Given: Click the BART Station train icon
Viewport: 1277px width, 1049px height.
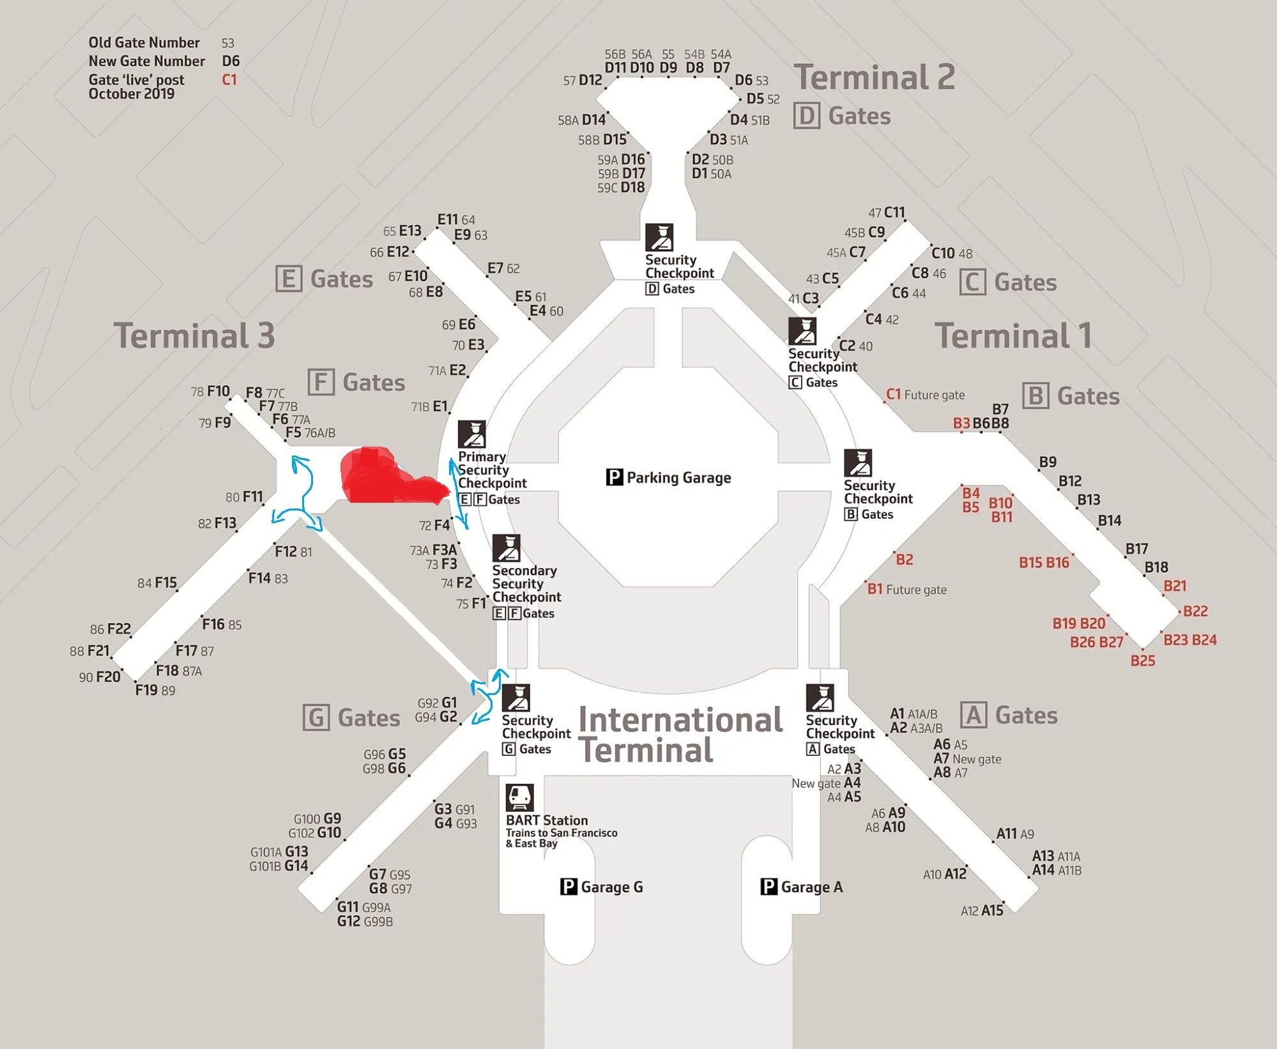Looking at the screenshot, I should point(519,797).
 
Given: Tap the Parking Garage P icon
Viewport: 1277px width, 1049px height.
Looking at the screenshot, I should point(614,477).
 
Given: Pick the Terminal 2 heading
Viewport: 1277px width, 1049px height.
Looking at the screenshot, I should point(874,77).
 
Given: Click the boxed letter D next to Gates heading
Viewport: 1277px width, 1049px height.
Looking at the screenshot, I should point(806,116).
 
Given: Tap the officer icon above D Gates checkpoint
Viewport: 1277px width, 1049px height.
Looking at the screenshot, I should point(659,237).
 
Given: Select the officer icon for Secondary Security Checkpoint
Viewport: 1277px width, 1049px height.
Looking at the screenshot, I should point(506,548).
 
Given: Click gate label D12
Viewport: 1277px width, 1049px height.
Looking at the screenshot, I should point(590,80).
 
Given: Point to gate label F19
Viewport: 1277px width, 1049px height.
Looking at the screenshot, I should point(146,689).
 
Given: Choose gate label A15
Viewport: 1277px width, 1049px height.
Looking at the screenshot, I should point(992,910).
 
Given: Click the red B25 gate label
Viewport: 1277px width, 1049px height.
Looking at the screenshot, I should point(1142,661).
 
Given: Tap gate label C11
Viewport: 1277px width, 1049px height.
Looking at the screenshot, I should point(894,212).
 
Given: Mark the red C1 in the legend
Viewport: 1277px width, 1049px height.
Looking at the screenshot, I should point(229,80).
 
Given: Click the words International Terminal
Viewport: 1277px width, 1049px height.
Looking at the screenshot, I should point(680,735).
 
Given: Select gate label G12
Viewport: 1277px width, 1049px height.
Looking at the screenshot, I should point(349,921).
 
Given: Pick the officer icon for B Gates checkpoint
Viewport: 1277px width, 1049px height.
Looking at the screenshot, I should point(857,463).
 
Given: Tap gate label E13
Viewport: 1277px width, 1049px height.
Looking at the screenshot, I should point(410,231).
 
